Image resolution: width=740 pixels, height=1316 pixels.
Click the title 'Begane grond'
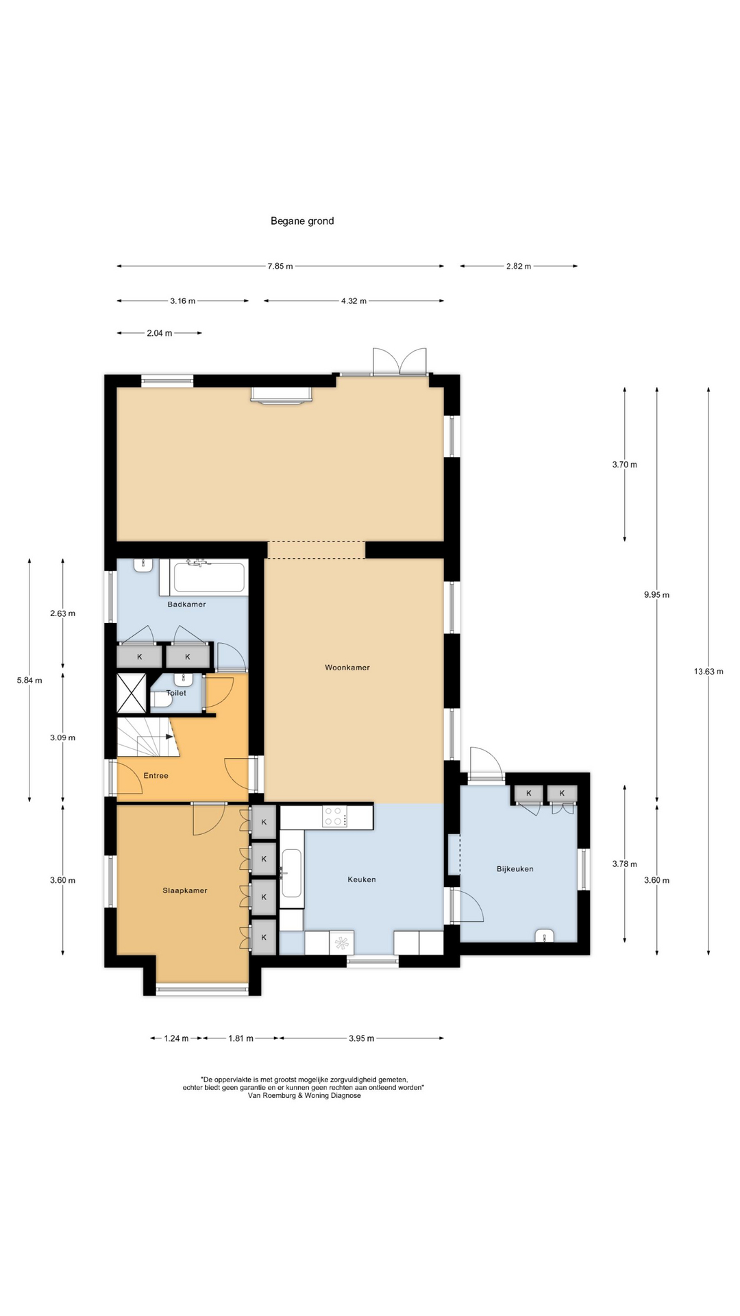click(302, 221)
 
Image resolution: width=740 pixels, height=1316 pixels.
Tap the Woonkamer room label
click(347, 667)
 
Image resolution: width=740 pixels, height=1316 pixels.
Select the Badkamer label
click(187, 604)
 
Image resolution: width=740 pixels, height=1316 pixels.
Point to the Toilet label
click(176, 693)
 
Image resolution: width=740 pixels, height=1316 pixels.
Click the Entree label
click(156, 775)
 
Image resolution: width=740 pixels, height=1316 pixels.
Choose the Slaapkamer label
click(185, 890)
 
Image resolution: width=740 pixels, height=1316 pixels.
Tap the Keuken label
click(362, 879)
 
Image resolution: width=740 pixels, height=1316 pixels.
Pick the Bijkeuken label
click(515, 868)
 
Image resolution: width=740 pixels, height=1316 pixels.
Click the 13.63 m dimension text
click(708, 671)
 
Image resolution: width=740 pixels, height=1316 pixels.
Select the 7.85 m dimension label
click(280, 266)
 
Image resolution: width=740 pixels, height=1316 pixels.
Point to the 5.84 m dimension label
click(29, 680)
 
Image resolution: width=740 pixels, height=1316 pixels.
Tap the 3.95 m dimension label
click(362, 1038)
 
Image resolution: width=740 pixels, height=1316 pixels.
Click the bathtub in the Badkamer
click(209, 577)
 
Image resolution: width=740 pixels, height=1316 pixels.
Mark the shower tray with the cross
click(132, 693)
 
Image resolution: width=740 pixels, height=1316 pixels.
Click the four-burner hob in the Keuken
click(334, 816)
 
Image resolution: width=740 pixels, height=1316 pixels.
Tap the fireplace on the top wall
click(282, 395)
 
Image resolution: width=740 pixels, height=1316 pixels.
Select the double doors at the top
click(400, 361)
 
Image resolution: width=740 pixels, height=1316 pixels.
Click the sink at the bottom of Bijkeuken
click(545, 936)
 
